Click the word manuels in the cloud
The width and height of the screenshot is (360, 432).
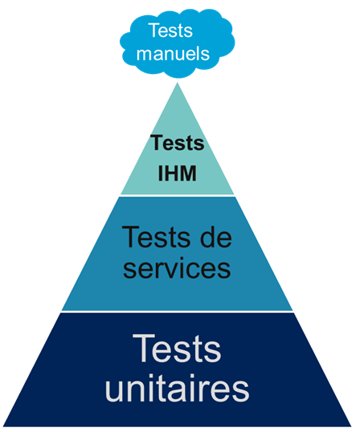pos(173,53)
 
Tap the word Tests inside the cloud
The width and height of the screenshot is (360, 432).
pos(170,30)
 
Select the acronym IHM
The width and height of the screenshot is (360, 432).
pos(178,173)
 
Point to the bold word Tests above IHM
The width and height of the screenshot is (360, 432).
pos(178,143)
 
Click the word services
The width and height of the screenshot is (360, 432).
pos(177,268)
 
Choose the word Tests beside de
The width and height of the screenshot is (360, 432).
pos(156,237)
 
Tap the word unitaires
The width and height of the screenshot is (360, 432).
pos(178,389)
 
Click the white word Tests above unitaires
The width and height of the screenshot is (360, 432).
pos(177,348)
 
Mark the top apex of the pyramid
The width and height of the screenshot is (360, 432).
pos(178,83)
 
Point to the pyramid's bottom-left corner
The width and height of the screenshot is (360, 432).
pos(3,426)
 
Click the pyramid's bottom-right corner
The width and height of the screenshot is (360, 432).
pos(352,426)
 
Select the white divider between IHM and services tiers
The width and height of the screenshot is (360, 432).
pos(178,195)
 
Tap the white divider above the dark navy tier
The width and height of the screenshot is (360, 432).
pos(177,312)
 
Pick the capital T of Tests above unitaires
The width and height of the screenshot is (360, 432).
pos(143,348)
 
